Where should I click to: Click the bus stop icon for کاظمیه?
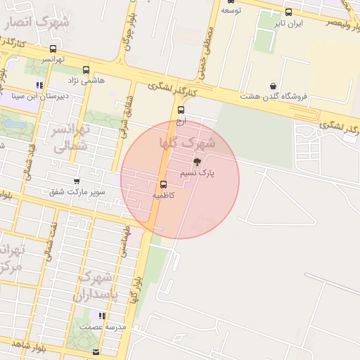coord(154,186)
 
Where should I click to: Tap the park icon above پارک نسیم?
coord(196,162)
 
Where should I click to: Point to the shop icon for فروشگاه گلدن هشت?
coord(273,86)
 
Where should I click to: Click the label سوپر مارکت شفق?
coord(78,191)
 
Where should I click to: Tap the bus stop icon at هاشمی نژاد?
coord(86,70)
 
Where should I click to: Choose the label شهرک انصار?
coord(37,23)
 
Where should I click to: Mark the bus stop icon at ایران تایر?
coord(289,12)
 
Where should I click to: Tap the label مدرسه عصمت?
coord(102,327)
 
